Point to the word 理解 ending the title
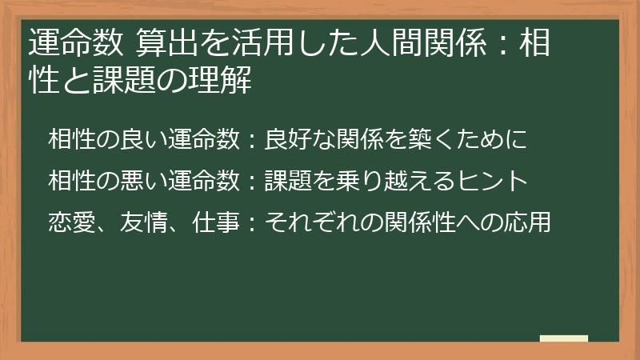(229, 81)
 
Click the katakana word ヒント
(495, 181)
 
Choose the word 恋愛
(68, 222)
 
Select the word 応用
(531, 222)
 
